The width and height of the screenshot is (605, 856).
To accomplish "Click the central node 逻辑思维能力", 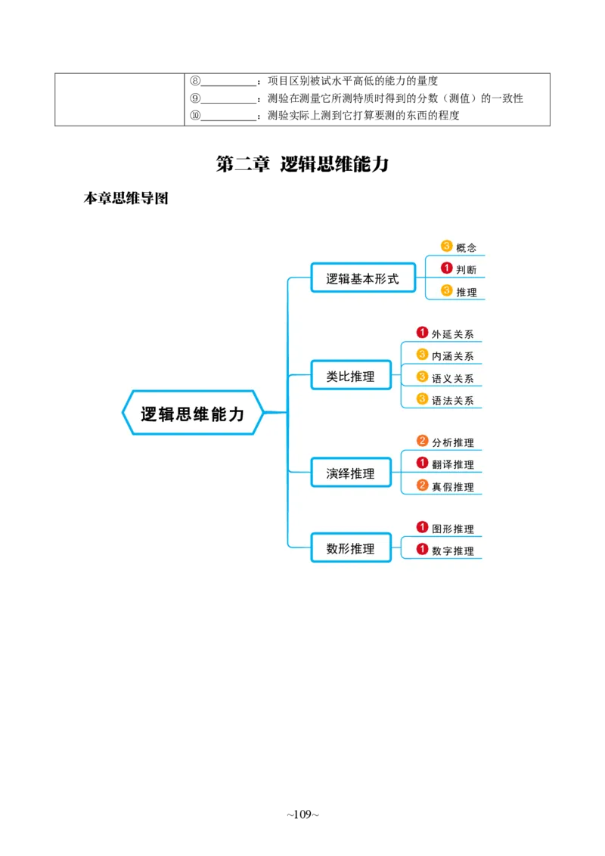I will tap(193, 414).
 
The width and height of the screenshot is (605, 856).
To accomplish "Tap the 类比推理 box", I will tap(350, 377).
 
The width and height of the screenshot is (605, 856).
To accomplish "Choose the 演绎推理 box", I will tap(350, 473).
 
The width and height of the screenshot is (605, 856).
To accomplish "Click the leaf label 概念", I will tap(467, 248).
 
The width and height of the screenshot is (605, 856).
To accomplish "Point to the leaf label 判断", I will tap(467, 270).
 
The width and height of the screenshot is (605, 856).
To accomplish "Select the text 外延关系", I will tap(453, 334).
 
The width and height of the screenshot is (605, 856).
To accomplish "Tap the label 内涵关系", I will tap(453, 356).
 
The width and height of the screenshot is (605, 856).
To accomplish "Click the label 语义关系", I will tap(453, 378).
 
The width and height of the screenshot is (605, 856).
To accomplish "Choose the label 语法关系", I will tap(453, 401).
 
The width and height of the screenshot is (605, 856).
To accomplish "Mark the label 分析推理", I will tap(453, 442).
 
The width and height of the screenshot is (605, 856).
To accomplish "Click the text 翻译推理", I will tap(453, 464).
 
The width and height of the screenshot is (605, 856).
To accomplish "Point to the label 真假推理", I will tap(453, 487).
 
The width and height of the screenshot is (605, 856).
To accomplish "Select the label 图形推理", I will tap(453, 529).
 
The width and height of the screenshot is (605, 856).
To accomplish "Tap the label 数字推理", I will tap(453, 551).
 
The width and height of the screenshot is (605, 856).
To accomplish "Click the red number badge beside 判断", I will tap(446, 268).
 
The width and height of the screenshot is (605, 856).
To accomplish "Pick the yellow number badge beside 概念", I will tap(446, 246).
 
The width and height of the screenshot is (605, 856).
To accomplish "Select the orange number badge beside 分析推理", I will tap(423, 441).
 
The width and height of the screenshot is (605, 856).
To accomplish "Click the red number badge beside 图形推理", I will tap(423, 527).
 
